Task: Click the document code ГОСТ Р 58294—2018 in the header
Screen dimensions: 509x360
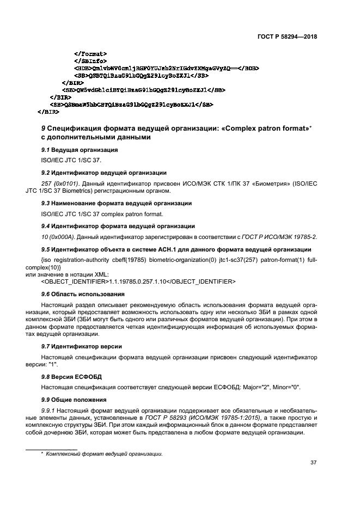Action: [288, 37]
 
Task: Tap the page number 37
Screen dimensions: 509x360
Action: [313, 463]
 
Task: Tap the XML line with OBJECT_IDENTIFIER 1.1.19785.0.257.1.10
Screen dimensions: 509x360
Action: [138, 281]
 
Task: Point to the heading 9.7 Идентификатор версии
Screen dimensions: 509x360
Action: [82, 346]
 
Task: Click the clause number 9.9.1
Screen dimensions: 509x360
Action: [50, 410]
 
